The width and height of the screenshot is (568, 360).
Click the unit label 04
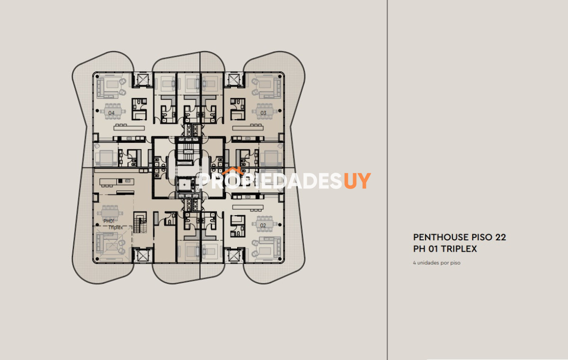(x=112, y=113)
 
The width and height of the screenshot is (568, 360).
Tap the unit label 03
(x=263, y=113)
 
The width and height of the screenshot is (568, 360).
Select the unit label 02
(x=263, y=225)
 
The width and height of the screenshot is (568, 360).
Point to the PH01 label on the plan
(x=109, y=221)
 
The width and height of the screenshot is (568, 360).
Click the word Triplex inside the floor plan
(x=116, y=227)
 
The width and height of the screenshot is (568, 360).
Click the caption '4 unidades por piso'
(x=436, y=263)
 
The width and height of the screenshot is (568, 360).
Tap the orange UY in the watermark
(x=357, y=181)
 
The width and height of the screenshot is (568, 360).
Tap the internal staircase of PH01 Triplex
(x=140, y=222)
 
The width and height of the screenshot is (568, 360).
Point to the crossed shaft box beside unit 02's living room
(x=233, y=256)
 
